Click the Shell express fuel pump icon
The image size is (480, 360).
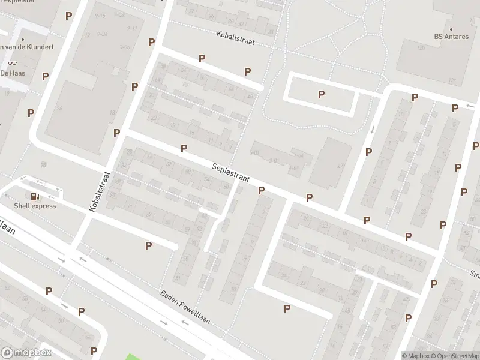coord(35,196)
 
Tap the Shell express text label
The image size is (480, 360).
coord(35,206)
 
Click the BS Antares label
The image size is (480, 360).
coord(451,36)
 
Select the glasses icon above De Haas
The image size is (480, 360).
coord(11,63)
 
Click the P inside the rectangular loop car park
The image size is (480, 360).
coord(321,94)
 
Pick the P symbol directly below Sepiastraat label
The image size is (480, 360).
coord(261,190)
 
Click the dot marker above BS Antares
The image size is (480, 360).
coord(451,28)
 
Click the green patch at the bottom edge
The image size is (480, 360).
coord(136,356)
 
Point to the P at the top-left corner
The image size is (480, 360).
coord(69,16)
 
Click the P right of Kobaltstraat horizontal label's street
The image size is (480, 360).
coord(247,71)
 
